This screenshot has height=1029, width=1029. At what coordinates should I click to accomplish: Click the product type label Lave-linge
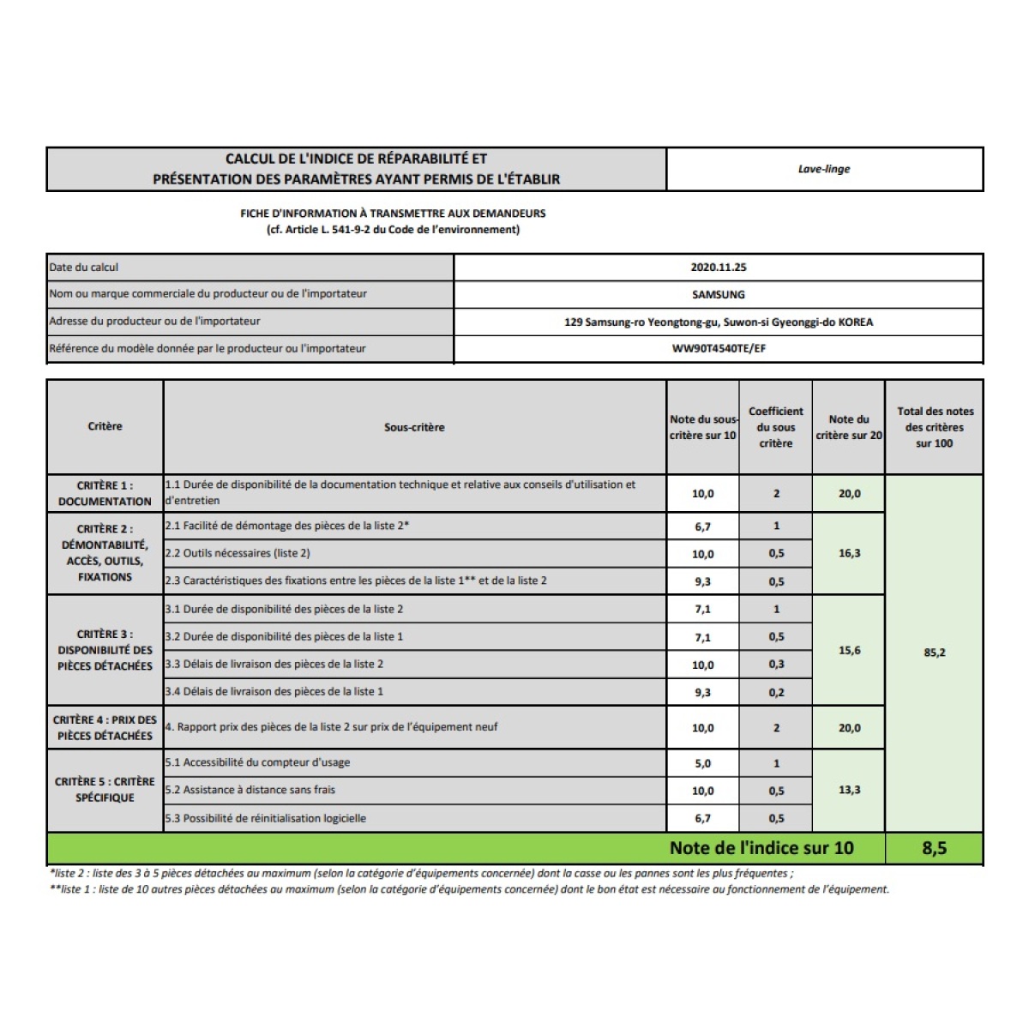(824, 169)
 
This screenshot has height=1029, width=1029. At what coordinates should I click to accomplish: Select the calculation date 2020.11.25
(719, 267)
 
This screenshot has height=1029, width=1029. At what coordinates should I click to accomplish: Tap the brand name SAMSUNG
(719, 294)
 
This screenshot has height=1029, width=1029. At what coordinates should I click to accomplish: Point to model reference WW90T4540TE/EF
(719, 349)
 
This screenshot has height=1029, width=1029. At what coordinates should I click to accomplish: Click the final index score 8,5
(934, 848)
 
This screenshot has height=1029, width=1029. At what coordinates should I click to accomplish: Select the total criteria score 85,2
(934, 653)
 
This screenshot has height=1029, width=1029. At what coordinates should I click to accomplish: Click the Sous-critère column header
(414, 427)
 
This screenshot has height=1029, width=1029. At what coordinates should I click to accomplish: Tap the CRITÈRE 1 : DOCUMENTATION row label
(105, 493)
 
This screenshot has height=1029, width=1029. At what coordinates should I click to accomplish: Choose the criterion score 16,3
(849, 553)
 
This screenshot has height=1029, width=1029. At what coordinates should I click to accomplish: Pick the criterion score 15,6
(849, 650)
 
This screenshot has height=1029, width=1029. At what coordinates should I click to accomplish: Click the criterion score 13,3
(849, 790)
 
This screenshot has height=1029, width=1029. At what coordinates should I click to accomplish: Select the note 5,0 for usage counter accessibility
(702, 763)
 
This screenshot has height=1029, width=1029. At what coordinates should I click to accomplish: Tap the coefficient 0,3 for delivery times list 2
(776, 665)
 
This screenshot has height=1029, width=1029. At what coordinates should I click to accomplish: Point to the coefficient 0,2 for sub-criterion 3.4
(776, 692)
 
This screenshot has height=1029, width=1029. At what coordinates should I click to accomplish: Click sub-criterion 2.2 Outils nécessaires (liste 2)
(238, 553)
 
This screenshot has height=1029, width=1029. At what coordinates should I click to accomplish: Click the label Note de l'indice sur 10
(761, 848)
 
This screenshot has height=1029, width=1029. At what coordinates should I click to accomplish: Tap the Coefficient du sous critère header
(776, 427)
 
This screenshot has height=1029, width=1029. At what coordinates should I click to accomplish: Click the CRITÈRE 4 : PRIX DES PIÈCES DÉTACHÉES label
(105, 727)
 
